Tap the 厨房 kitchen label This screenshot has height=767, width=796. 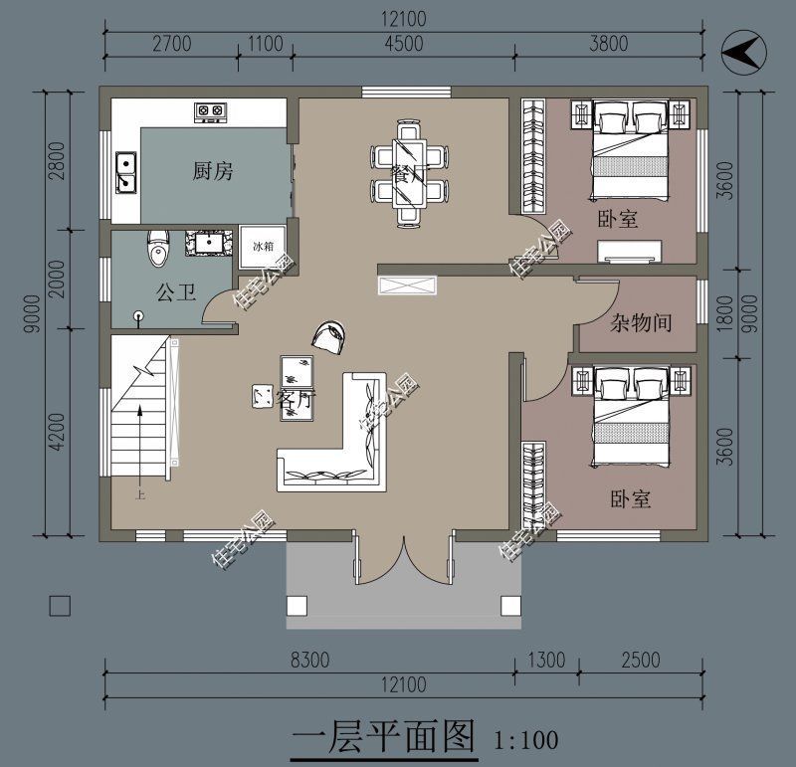(x=213, y=171)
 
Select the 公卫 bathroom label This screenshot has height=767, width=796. (x=174, y=291)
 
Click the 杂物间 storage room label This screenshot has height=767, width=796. (x=640, y=322)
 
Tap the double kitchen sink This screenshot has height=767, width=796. (x=126, y=172)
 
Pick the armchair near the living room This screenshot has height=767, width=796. (x=330, y=336)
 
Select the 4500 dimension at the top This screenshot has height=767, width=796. (x=403, y=43)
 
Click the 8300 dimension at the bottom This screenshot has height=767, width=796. (x=309, y=661)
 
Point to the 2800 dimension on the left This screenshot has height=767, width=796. (x=57, y=159)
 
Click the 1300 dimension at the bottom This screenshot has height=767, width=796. (x=545, y=661)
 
